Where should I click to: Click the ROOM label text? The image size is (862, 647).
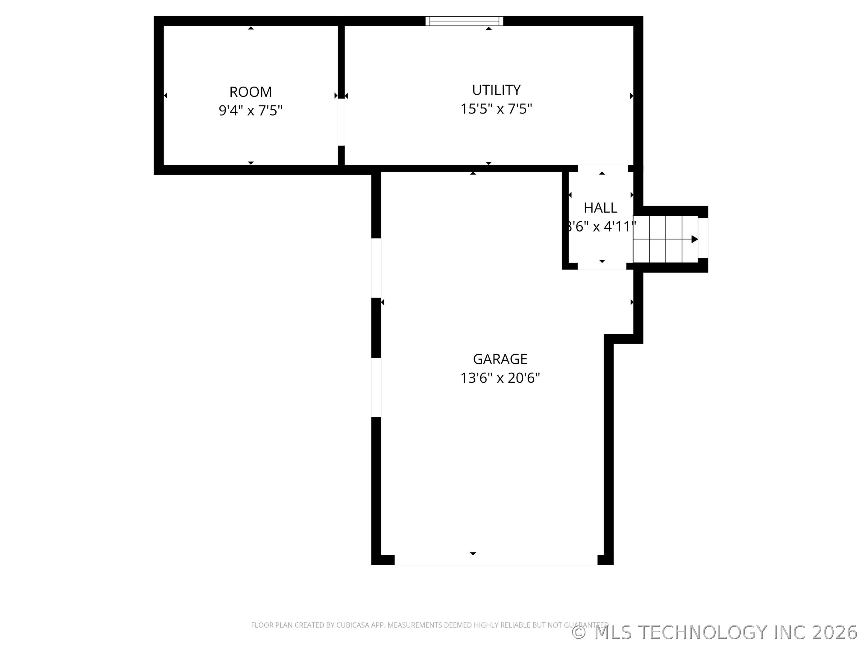pos(250,92)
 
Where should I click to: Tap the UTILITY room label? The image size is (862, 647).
pos(496,90)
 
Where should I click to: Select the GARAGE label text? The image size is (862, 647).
pos(500,359)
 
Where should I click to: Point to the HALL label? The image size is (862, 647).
pos(600,208)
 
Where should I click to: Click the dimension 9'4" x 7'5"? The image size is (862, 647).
pos(250,111)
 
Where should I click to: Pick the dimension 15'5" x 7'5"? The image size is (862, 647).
pos(496,109)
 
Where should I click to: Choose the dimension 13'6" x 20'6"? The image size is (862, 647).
pos(500,378)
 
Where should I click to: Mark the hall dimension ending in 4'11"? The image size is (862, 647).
pos(600,226)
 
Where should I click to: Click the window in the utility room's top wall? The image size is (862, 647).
pos(464,21)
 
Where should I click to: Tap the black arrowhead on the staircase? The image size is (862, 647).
pos(694,239)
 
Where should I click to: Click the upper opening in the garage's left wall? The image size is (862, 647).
pos(376,268)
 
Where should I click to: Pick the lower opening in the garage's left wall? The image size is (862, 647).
pos(376,387)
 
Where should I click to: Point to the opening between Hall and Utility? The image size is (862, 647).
pos(603,168)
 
